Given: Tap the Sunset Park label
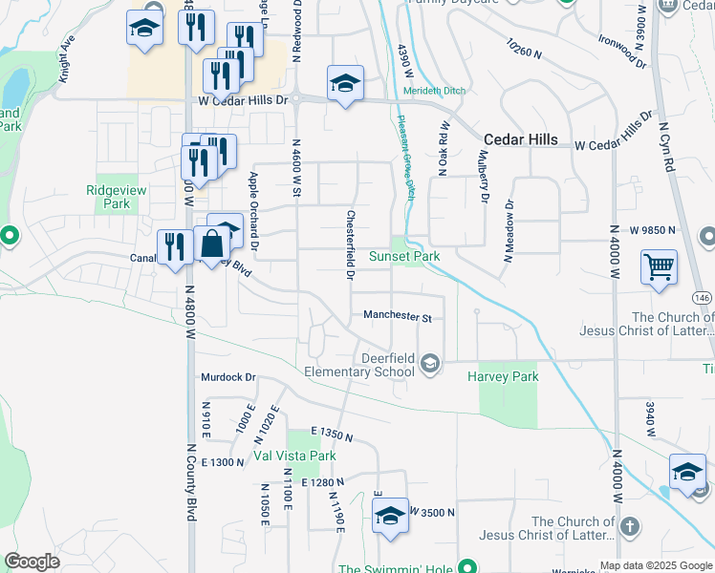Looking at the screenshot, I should point(404,256).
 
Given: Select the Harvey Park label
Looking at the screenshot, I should point(503,376).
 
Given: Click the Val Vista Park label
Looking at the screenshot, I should point(294,456).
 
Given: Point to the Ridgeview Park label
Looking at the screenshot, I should point(116,197).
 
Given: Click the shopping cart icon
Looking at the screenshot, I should point(659,266).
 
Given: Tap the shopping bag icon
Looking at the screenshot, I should point(210,244).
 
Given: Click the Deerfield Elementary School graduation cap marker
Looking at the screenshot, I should point(430,362).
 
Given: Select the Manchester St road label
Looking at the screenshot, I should point(398,316).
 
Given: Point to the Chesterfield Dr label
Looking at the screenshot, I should point(351,245).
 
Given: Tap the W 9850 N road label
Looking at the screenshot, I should point(652,230).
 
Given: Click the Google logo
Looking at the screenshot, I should point(32,562).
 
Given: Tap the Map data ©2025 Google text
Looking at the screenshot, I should point(656,565).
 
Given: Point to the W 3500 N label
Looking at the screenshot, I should point(433,512).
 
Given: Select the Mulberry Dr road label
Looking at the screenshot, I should point(484,177).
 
